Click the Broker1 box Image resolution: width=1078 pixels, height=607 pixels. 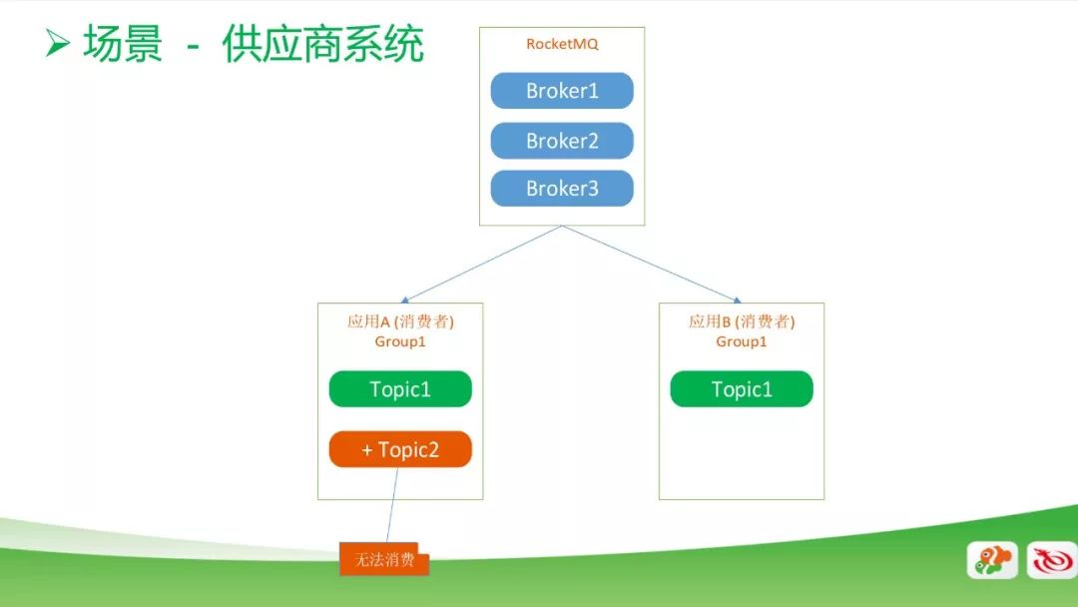pos(562,91)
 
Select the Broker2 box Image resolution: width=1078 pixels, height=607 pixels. pos(562,141)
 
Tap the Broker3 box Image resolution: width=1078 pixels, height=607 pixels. pos(562,189)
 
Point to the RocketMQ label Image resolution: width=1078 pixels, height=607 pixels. pos(562,44)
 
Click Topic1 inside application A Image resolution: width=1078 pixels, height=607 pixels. pos(400,389)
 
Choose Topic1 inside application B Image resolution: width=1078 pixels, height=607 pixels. pos(741,389)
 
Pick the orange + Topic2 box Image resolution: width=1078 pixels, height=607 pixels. pos(400,449)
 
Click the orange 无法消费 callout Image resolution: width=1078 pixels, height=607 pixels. pos(384,559)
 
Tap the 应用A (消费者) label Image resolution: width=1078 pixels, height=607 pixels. pos(400,321)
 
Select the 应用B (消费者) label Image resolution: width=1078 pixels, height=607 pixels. pos(741,321)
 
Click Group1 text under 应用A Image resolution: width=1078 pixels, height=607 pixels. pos(400,341)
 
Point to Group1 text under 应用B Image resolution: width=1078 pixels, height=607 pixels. pos(741,341)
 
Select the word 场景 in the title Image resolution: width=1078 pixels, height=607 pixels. pos(123,43)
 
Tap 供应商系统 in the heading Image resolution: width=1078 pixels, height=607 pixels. pos(322,43)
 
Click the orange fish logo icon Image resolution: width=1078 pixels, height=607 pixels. pos(992,559)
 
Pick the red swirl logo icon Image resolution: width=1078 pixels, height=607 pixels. pos(1052,559)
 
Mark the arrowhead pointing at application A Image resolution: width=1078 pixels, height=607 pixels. pos(404,300)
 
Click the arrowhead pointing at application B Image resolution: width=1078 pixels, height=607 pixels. pos(737,300)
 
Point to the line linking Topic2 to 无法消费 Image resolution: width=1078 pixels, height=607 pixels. pos(392,505)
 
